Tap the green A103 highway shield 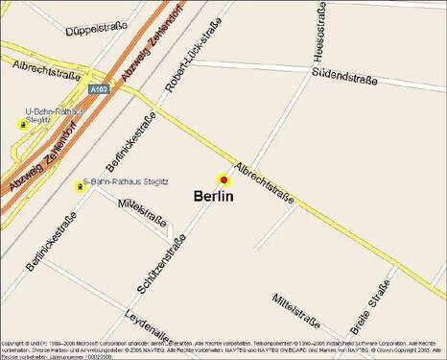pyautogui.click(x=97, y=88)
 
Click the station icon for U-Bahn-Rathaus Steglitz pyautogui.click(x=21, y=124)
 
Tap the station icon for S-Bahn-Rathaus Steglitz pyautogui.click(x=81, y=185)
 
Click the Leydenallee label pyautogui.click(x=150, y=326)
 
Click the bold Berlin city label pyautogui.click(x=214, y=196)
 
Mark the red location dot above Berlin pyautogui.click(x=223, y=180)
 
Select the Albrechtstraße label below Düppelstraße pyautogui.click(x=46, y=68)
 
